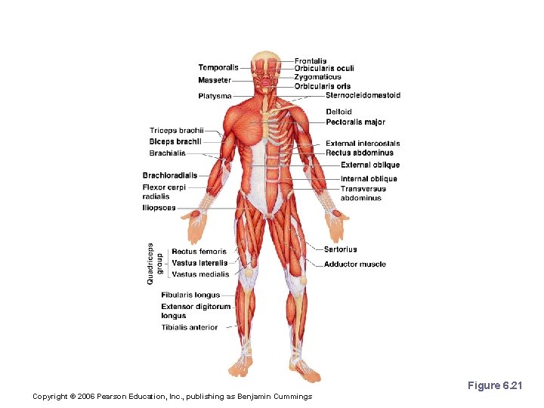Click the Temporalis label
point(218,67)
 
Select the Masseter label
point(215,80)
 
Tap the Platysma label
point(215,96)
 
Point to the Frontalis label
point(311,60)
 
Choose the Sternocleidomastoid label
point(363,95)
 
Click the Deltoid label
point(338,112)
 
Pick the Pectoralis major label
point(355,122)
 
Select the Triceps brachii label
point(177,131)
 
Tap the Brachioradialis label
point(170,175)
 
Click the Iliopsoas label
point(159,208)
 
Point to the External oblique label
point(370,165)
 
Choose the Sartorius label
point(340,249)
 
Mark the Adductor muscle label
point(354,264)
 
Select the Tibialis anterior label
point(189,327)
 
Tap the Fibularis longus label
point(190,295)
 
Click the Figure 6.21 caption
point(494,385)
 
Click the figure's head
point(267,72)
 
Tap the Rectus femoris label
point(199,252)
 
